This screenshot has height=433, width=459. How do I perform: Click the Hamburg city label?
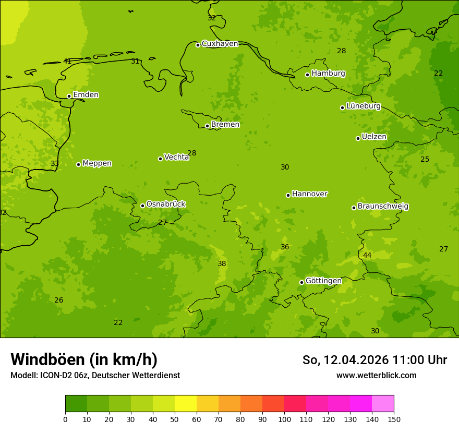[328, 74]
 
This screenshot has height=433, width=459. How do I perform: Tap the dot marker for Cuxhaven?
[198, 45]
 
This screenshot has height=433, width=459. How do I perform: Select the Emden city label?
[86, 95]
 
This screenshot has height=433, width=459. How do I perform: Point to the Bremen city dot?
[207, 126]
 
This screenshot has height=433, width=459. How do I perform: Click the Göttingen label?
[323, 281]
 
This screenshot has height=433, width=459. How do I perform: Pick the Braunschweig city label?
[383, 207]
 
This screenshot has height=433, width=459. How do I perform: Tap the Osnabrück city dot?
[142, 206]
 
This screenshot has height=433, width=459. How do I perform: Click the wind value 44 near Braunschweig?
[367, 255]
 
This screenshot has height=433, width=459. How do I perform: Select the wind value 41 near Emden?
[67, 61]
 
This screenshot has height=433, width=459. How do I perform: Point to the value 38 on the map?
[222, 263]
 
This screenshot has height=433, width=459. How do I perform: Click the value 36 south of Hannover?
[285, 247]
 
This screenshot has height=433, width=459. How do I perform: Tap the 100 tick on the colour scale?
[284, 418]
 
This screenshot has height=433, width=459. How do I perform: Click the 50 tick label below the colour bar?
[175, 418]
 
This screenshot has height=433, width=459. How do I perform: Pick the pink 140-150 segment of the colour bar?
[383, 404]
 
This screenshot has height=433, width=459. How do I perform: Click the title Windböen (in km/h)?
[84, 359]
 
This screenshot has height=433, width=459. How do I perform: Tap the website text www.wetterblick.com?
[376, 375]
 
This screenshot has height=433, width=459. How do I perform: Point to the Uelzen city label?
[374, 137]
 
